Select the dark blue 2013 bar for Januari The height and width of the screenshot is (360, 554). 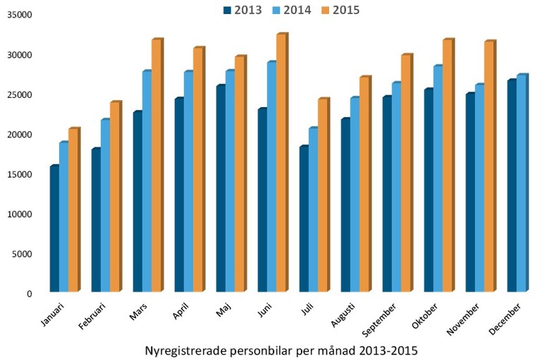54,229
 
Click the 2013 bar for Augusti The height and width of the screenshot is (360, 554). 345,205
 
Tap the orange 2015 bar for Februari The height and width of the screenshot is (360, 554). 115,197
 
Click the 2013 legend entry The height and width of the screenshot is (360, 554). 242,10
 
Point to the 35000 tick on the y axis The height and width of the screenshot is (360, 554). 18,15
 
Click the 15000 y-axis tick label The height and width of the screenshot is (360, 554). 18,174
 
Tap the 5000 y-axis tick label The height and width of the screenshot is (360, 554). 20,254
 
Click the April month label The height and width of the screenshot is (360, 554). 181,312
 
